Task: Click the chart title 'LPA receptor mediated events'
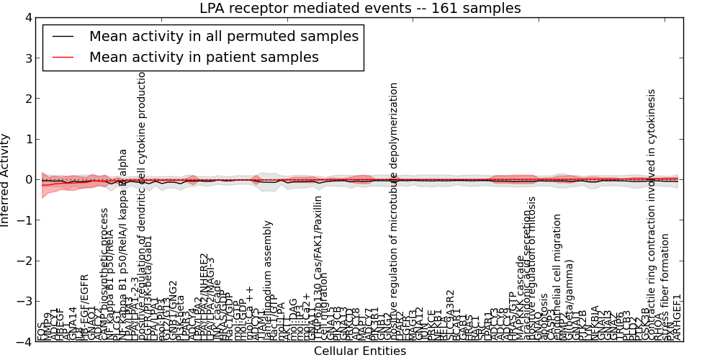coord(360,9)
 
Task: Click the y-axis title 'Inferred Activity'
coord(6,180)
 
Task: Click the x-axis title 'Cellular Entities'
coord(360,351)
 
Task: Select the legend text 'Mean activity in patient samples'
coord(204,57)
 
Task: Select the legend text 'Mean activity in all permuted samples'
coord(223,35)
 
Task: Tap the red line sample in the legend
coord(62,57)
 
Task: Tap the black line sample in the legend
coord(62,35)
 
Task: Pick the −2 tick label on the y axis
coord(24,261)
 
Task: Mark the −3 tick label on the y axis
coord(24,302)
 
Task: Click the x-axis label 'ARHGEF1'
coord(677,317)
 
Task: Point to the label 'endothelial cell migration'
coord(557,277)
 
